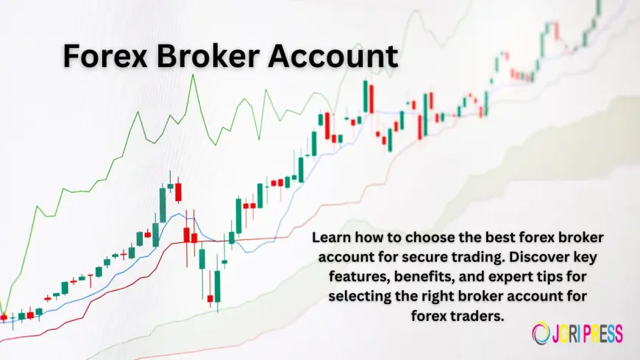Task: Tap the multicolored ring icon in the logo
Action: (541, 333)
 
